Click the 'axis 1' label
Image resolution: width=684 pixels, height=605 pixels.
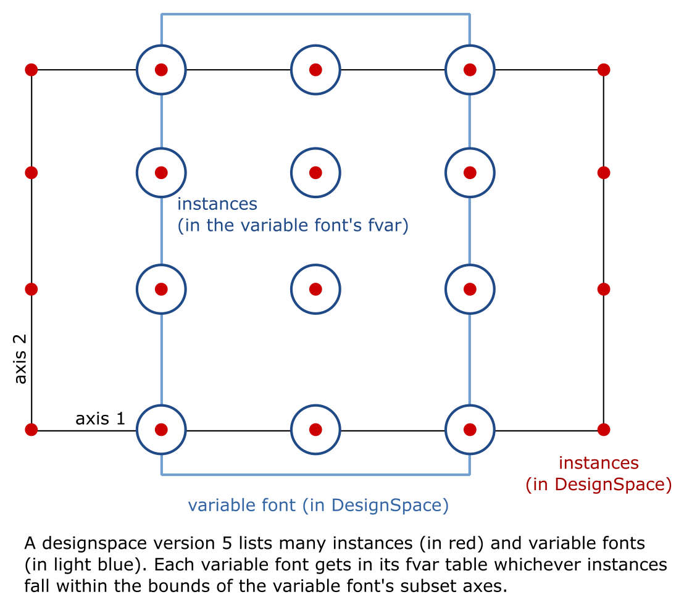click(x=100, y=419)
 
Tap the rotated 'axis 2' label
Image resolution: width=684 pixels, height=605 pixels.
click(x=21, y=359)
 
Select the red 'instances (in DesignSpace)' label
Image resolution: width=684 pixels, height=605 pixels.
click(x=598, y=474)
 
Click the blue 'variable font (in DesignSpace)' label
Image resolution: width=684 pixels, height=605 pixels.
click(x=318, y=506)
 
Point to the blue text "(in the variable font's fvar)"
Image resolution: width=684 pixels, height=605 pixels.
click(x=293, y=227)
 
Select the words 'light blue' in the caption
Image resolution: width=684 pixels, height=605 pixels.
click(x=76, y=564)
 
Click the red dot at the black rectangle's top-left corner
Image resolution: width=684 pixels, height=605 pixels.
click(x=31, y=70)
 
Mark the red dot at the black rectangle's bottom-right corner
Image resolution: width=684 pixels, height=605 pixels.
click(x=604, y=429)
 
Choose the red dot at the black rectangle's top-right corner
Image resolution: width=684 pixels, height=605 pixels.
click(x=604, y=70)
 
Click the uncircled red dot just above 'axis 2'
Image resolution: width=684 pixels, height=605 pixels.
click(x=31, y=289)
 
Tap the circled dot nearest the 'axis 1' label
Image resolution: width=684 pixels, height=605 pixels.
click(x=161, y=429)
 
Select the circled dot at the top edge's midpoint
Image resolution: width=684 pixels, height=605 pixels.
click(x=315, y=70)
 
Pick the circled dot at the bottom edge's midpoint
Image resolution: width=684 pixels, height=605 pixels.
click(x=315, y=429)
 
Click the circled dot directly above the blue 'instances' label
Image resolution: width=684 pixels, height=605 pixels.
click(x=161, y=172)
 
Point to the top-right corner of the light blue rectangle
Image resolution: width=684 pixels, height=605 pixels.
click(x=470, y=14)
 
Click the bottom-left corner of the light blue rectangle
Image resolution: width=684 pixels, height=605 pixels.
click(x=162, y=474)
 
